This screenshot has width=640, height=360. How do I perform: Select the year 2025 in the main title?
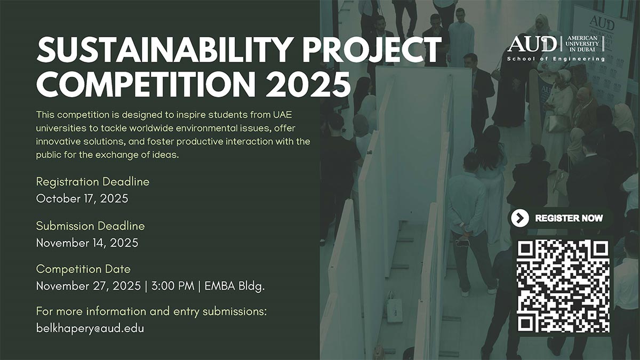pyautogui.click(x=308, y=84)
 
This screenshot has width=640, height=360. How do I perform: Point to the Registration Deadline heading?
pyautogui.click(x=93, y=182)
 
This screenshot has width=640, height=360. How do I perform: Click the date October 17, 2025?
pyautogui.click(x=82, y=198)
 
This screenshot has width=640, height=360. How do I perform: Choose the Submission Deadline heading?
pyautogui.click(x=91, y=226)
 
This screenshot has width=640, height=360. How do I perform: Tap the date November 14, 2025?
pyautogui.click(x=87, y=243)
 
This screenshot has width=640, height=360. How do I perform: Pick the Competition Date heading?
pyautogui.click(x=83, y=269)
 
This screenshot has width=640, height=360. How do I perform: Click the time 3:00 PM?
pyautogui.click(x=173, y=286)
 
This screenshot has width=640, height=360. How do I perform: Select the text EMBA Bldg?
pyautogui.click(x=235, y=286)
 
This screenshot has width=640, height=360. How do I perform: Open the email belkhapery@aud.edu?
pyautogui.click(x=90, y=329)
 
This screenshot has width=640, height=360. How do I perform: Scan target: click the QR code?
pyautogui.click(x=563, y=286)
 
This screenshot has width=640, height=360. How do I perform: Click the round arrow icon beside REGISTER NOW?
pyautogui.click(x=520, y=218)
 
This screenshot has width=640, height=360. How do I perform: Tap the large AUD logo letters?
pyautogui.click(x=532, y=44)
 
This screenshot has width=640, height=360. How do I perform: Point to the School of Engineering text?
pyautogui.click(x=556, y=59)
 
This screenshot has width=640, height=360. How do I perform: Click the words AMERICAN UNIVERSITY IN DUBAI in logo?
pyautogui.click(x=582, y=44)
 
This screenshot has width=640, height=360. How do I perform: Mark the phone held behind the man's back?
pyautogui.click(x=462, y=243)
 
